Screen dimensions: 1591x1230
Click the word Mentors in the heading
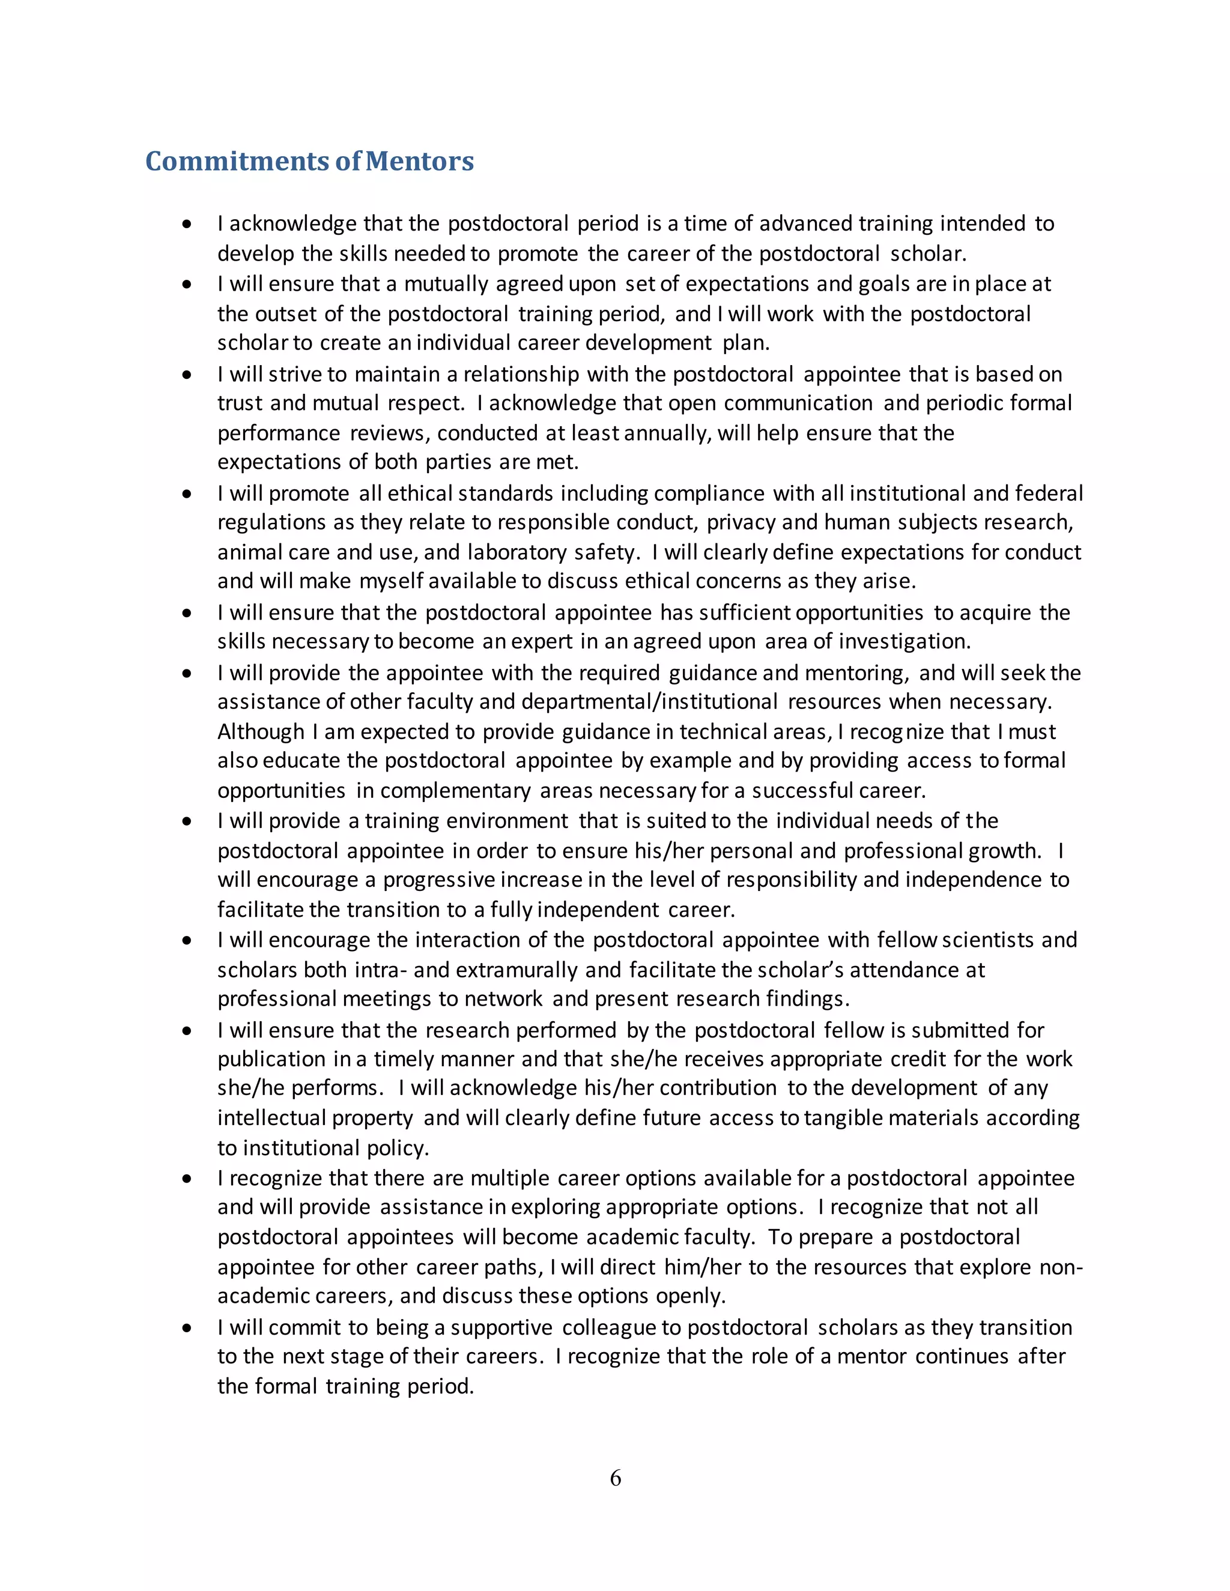tap(419, 161)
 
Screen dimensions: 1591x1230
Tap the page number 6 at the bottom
tap(615, 1478)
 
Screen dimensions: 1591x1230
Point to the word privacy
tap(741, 522)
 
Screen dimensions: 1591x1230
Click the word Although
tap(261, 731)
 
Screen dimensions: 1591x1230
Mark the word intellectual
tap(271, 1119)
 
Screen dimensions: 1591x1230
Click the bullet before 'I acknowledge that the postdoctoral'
tap(187, 225)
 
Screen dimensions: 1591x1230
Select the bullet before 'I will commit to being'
tap(187, 1328)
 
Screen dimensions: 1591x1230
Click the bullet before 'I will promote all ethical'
tap(187, 494)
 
